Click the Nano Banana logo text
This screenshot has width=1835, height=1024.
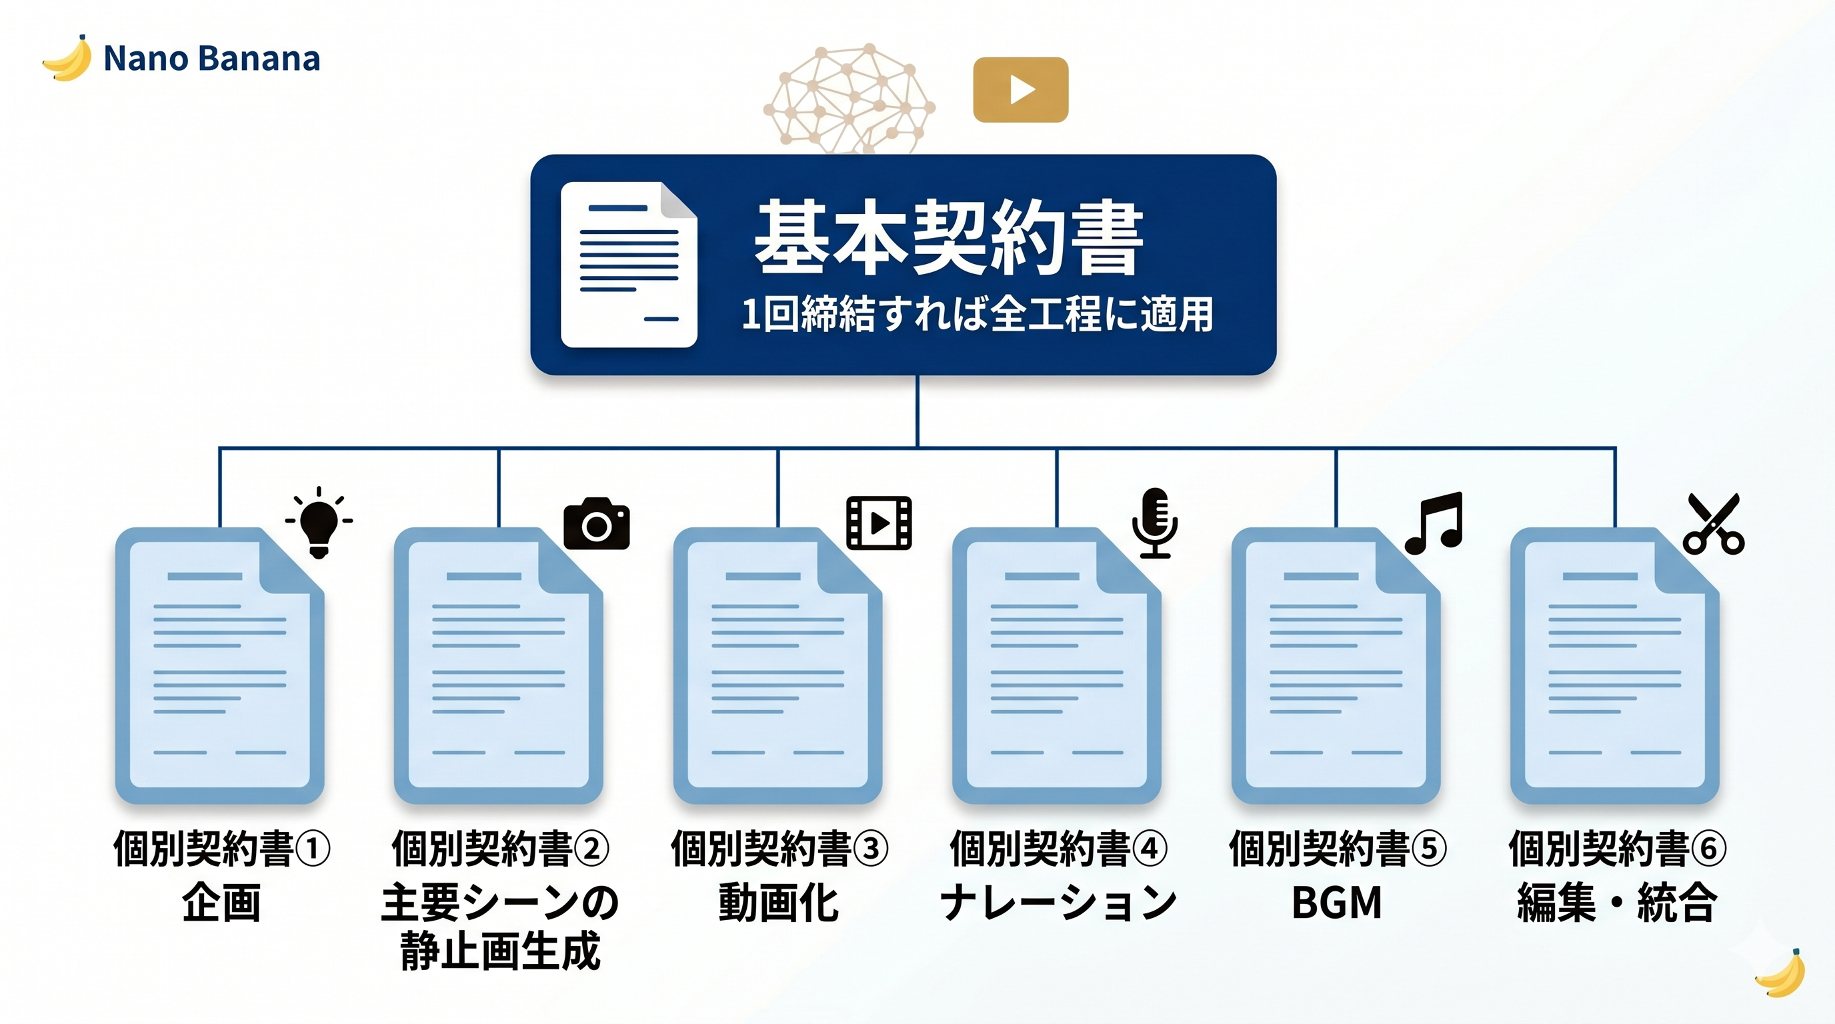pyautogui.click(x=211, y=59)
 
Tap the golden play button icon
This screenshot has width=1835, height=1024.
pyautogui.click(x=1020, y=90)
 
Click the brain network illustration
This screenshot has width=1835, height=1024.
pyautogui.click(x=848, y=98)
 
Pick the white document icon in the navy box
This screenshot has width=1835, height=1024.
pyautogui.click(x=628, y=264)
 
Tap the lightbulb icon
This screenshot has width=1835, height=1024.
pyautogui.click(x=319, y=523)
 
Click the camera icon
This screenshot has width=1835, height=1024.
pyautogui.click(x=596, y=524)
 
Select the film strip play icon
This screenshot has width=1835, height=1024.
pyautogui.click(x=878, y=523)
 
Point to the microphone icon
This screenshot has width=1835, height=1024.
pyautogui.click(x=1155, y=522)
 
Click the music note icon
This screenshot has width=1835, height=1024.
pyautogui.click(x=1434, y=523)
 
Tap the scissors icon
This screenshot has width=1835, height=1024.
pyautogui.click(x=1713, y=524)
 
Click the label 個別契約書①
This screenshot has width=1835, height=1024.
pyautogui.click(x=221, y=849)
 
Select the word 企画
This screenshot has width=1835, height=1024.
pyautogui.click(x=221, y=903)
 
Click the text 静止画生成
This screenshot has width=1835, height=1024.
pyautogui.click(x=500, y=951)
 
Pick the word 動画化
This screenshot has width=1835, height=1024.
pyautogui.click(x=779, y=903)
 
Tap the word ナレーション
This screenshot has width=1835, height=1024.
pyautogui.click(x=1058, y=903)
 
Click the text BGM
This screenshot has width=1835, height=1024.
pyautogui.click(x=1336, y=903)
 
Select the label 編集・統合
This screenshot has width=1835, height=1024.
pyautogui.click(x=1616, y=903)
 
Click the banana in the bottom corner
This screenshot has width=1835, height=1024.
pyautogui.click(x=1781, y=973)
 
